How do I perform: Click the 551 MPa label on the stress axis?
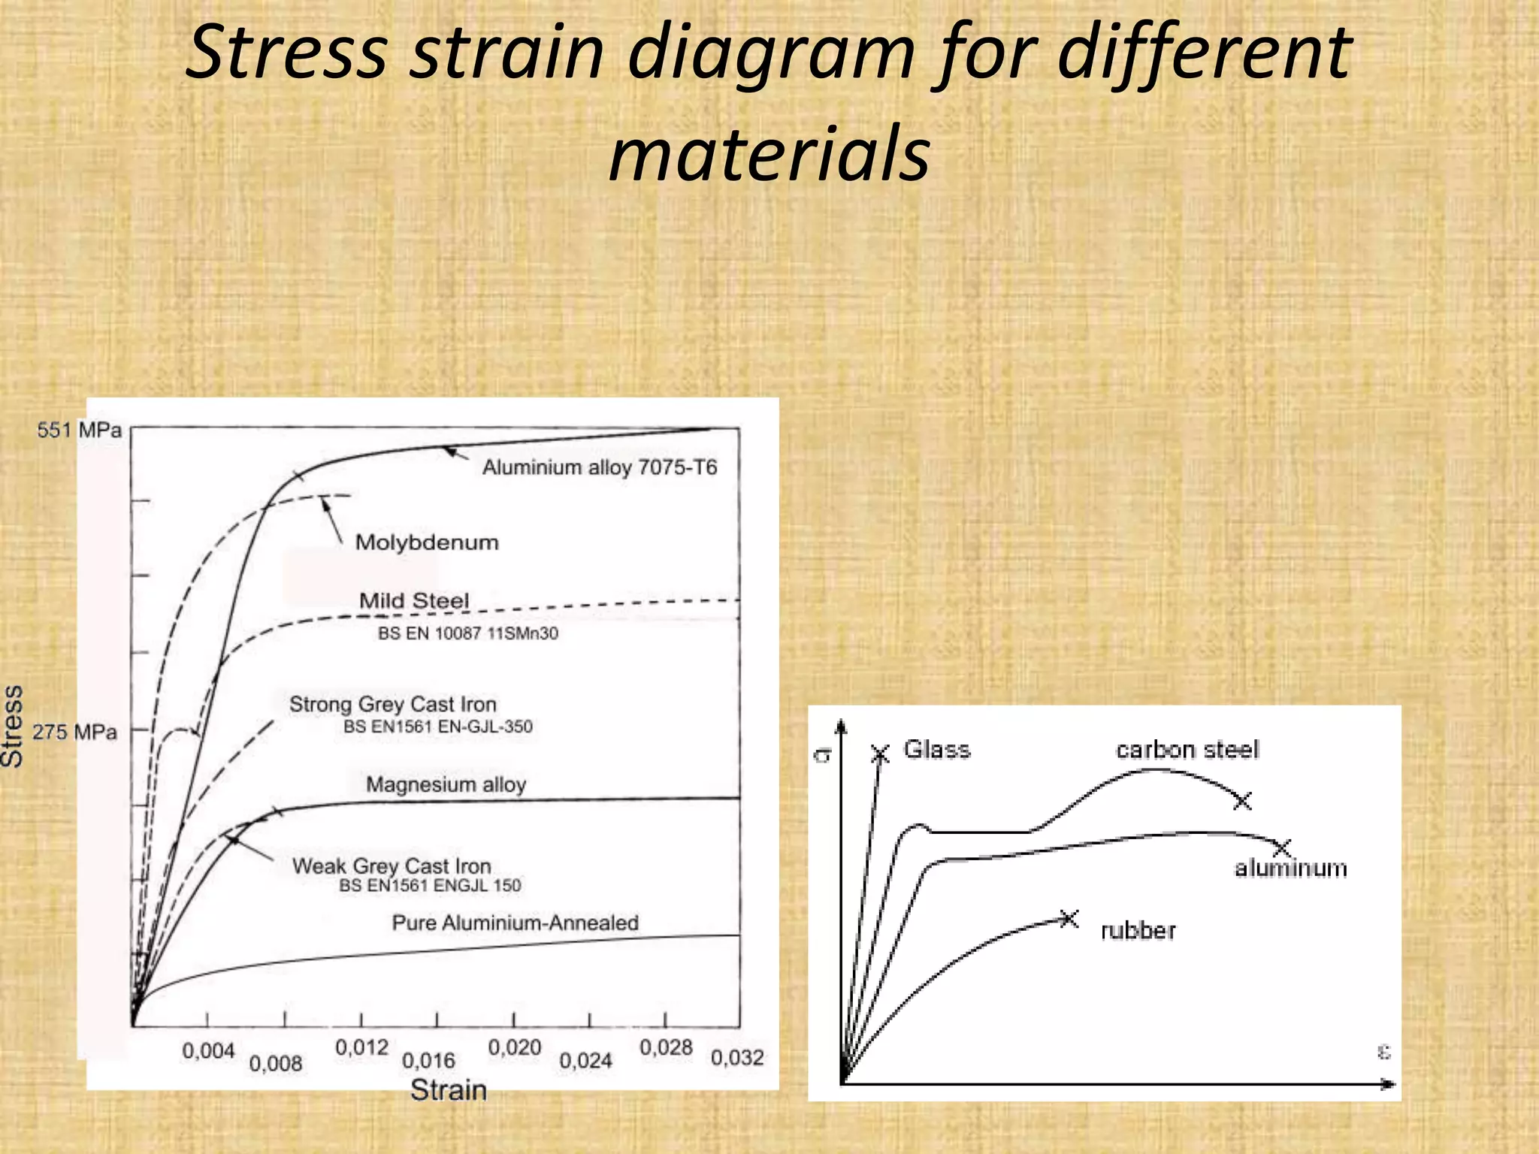[x=79, y=430]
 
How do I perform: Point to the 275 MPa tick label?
[x=74, y=732]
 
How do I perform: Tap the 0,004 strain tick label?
[x=208, y=1051]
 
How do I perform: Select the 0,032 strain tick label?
[x=737, y=1058]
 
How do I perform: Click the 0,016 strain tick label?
[x=428, y=1061]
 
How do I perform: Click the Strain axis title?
[x=449, y=1090]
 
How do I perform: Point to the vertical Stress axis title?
[x=13, y=726]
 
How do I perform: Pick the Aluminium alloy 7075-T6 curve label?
[x=600, y=467]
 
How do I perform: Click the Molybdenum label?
[x=427, y=542]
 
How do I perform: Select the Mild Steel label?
[x=414, y=601]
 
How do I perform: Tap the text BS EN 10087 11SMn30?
[x=467, y=633]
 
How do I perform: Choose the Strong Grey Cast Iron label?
[x=393, y=705]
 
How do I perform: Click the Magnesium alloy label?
[x=446, y=784]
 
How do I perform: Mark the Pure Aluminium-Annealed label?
[x=516, y=923]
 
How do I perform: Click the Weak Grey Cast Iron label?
[x=392, y=866]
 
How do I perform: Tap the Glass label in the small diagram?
[x=936, y=749]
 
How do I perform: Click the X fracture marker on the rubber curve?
[x=1069, y=918]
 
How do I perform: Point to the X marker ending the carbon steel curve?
[x=1242, y=801]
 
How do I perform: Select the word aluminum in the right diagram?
[x=1291, y=869]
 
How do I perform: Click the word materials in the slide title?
[x=769, y=154]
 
